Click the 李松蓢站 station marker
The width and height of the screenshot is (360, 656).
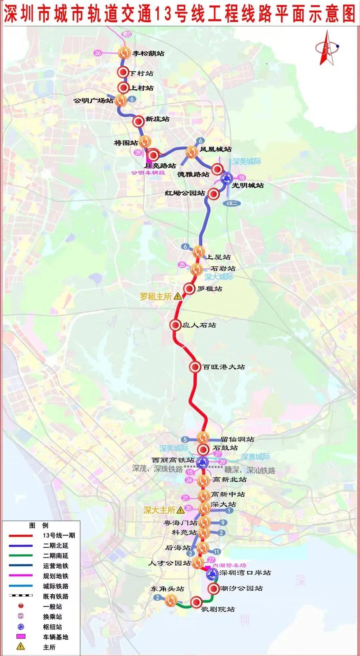[x=124, y=53]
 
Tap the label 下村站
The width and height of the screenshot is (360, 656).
[x=141, y=73]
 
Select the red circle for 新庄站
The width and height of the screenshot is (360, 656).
[x=138, y=122]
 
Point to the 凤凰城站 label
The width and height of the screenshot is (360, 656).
[x=216, y=149]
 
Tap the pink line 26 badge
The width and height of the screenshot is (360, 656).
[x=98, y=53]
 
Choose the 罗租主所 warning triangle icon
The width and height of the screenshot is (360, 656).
[x=178, y=296]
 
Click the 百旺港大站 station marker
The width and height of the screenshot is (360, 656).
[x=195, y=367]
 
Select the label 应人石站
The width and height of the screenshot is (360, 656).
[x=199, y=325]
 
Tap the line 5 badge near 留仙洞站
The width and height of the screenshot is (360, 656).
[x=185, y=440]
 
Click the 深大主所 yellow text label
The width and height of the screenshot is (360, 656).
[x=159, y=510]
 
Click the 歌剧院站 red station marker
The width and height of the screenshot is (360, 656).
[x=196, y=602]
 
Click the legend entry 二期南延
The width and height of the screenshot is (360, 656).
[x=55, y=556]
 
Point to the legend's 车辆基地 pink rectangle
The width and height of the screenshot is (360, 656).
[x=21, y=637]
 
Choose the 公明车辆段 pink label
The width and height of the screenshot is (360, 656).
[x=148, y=172]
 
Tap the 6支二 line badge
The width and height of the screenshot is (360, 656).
[x=231, y=203]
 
